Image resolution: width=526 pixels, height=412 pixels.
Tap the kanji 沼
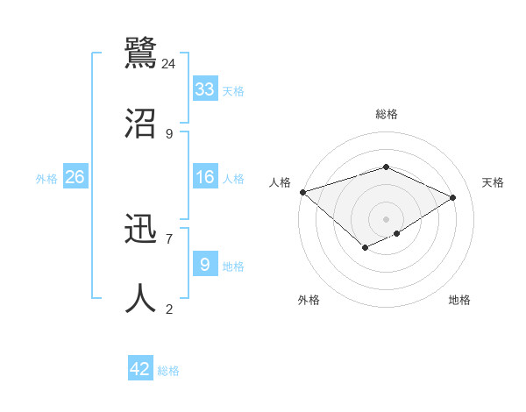point(141,123)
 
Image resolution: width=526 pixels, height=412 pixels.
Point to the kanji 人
point(141,298)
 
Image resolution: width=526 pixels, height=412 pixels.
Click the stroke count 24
point(169,64)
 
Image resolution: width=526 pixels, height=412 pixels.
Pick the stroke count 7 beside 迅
point(168,238)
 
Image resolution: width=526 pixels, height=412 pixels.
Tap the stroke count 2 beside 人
point(168,309)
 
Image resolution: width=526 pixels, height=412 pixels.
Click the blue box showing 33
point(205,89)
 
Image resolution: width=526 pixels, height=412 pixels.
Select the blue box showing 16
point(205,177)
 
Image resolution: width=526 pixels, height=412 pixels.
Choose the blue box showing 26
point(75,177)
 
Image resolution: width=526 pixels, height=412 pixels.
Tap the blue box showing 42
point(140,370)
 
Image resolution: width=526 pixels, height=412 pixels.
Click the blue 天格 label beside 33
point(232,91)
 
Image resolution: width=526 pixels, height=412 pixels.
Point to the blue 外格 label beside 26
point(46,179)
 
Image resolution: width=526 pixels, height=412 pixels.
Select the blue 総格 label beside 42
point(168,372)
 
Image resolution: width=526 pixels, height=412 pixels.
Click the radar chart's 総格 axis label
point(387,114)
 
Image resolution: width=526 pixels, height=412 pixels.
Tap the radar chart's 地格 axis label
point(459,301)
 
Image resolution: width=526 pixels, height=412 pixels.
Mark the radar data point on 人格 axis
point(302,192)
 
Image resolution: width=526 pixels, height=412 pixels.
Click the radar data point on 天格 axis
point(453,198)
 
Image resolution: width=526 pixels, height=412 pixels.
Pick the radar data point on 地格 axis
point(397,233)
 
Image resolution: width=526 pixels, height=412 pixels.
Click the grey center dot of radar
point(387,219)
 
